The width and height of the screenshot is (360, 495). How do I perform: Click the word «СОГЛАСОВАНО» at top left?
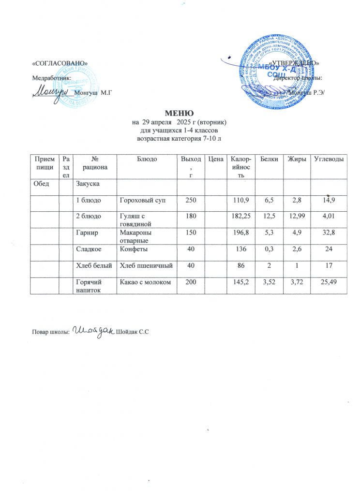point(59,64)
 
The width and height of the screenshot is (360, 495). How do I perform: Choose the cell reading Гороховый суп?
point(143,200)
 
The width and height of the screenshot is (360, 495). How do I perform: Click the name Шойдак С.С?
point(132,331)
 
